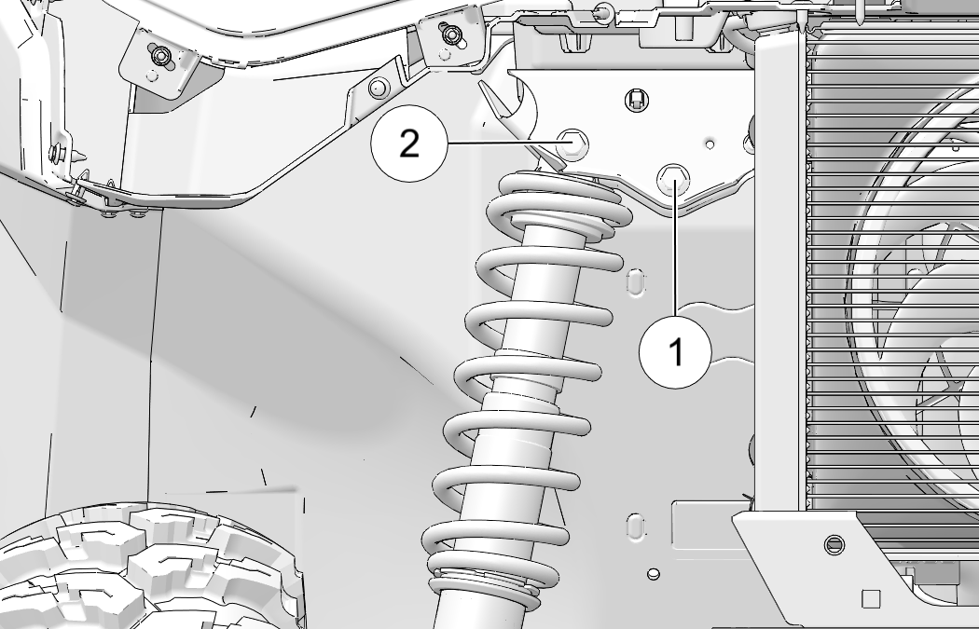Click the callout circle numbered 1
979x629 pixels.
675,352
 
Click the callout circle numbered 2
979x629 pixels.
408,144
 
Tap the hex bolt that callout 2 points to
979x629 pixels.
572,144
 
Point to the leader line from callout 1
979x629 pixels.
675,249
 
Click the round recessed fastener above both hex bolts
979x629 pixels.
636,100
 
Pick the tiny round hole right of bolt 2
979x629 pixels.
710,144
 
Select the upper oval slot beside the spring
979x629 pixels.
635,281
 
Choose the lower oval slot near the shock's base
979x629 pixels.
635,526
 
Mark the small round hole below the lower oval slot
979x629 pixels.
654,573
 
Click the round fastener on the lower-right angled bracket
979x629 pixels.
834,545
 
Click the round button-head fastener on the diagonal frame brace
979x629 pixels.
379,88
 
